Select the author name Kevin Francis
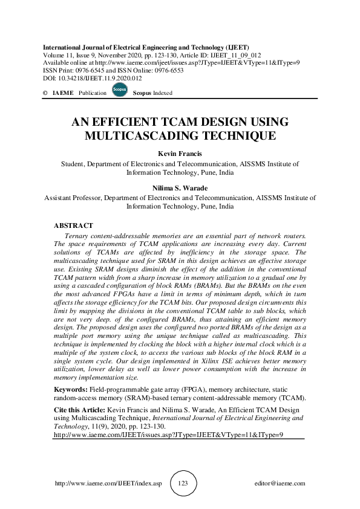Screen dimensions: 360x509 [x=180, y=154]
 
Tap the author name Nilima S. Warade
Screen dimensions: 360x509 [x=180, y=188]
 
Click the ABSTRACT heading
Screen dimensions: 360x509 [x=73, y=225]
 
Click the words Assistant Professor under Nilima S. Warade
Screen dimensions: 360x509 [x=73, y=197]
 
